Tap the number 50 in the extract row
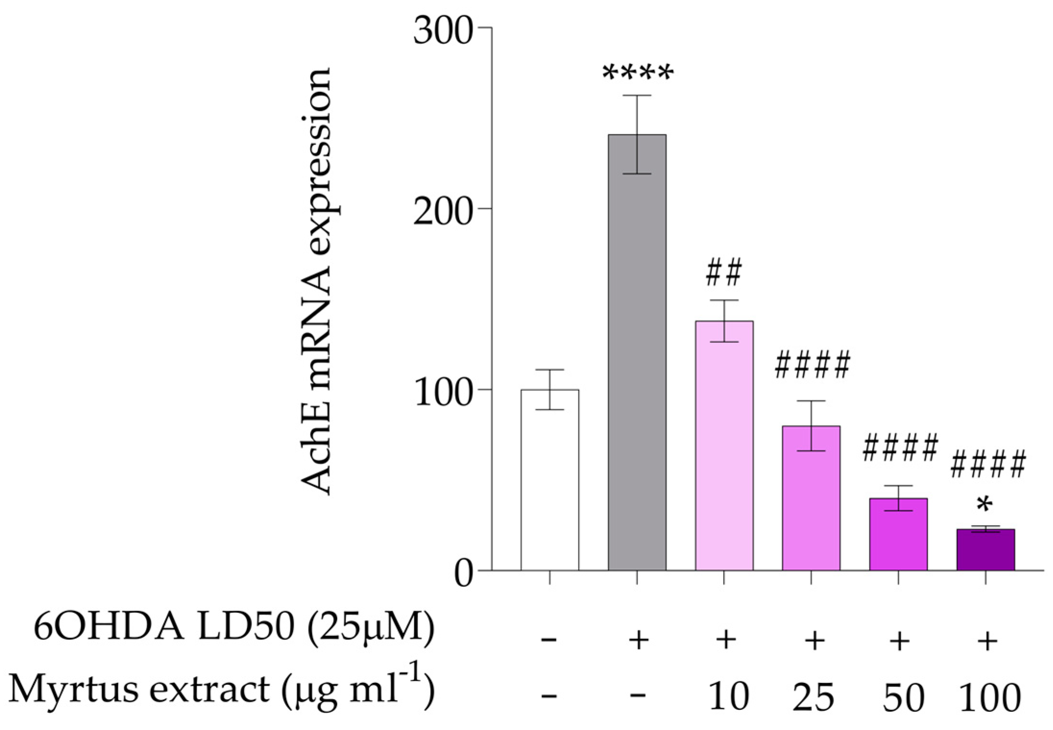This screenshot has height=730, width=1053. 903,697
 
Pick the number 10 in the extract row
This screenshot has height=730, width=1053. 728,697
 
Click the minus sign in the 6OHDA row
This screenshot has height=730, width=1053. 548,640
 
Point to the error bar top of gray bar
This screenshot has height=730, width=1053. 637,96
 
